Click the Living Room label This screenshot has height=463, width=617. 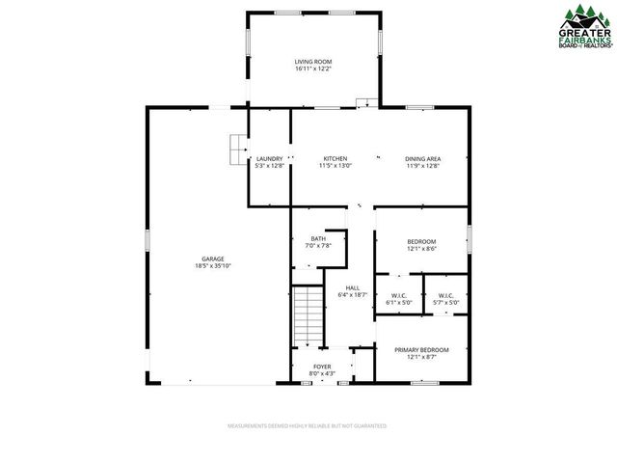tap(312, 62)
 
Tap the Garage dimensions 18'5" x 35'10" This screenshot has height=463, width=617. tap(213, 265)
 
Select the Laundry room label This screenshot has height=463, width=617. tap(269, 158)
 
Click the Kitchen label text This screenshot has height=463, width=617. tap(335, 158)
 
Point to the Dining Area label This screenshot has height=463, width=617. tap(422, 158)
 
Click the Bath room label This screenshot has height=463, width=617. tap(318, 238)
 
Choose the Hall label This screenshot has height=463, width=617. tap(353, 287)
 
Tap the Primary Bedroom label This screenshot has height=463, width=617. tap(422, 349)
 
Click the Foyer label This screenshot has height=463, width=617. tap(321, 367)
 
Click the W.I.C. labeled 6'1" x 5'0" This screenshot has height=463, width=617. tap(400, 295)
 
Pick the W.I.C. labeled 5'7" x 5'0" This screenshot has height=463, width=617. tap(446, 295)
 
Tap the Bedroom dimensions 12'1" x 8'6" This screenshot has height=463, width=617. tap(421, 249)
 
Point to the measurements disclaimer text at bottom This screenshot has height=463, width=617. tap(307, 425)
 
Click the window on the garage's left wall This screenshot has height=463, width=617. tap(147, 238)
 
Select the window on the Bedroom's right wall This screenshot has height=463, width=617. tap(469, 238)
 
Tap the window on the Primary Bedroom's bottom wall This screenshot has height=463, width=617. tap(424, 383)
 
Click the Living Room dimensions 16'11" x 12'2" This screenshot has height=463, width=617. tap(312, 69)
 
